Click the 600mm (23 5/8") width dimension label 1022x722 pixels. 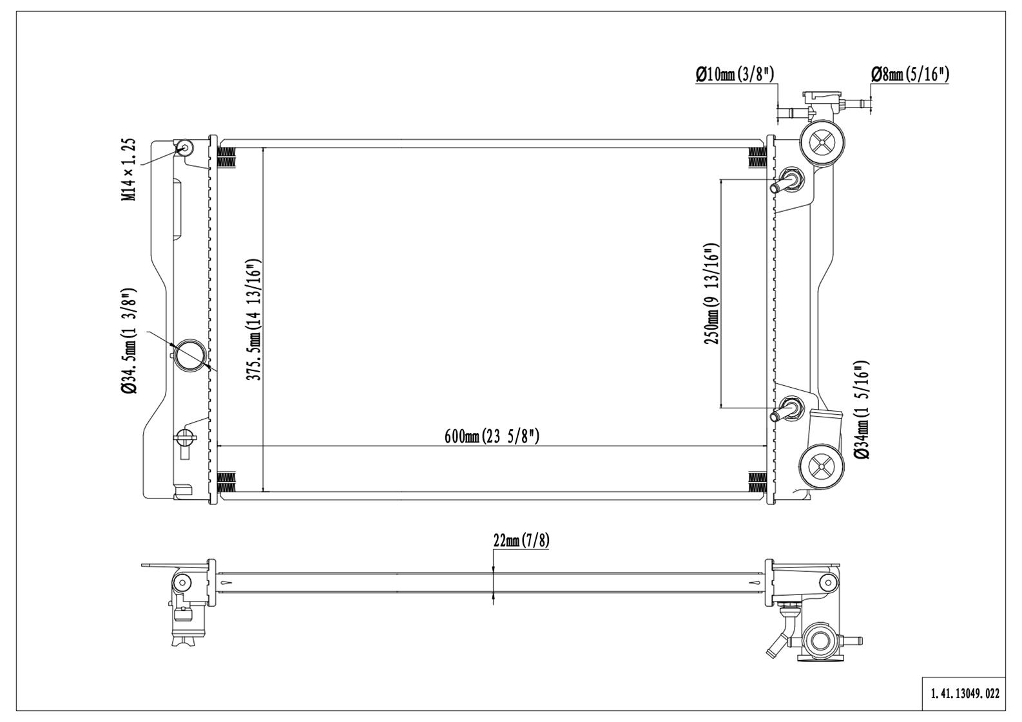492,436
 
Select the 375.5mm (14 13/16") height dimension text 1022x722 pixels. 255,320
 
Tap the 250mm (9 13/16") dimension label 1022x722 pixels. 711,294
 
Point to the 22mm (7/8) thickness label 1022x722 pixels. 521,540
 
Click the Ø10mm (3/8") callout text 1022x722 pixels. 734,74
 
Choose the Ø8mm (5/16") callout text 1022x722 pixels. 910,74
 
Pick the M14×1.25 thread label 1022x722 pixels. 130,169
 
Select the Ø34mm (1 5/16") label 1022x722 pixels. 862,410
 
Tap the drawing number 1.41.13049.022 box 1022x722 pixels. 965,694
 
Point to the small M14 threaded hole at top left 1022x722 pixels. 186,148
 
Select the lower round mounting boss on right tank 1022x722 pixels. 822,465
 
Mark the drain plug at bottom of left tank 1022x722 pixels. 185,440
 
